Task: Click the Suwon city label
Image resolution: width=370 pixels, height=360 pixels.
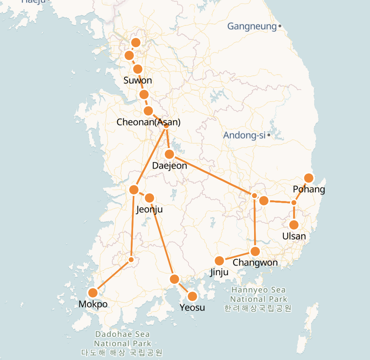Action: pos(137,81)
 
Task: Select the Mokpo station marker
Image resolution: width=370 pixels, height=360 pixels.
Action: pos(93,292)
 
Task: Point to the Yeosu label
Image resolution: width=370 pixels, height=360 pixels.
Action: pos(192,308)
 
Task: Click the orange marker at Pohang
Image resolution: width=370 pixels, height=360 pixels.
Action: pos(309,178)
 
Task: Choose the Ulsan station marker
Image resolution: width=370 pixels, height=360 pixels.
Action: pos(294,225)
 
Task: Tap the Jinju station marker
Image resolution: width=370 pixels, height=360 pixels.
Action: pos(219,260)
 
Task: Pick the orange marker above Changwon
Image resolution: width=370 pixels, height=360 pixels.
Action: pos(255,251)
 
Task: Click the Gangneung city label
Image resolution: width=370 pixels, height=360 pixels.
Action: pos(252,27)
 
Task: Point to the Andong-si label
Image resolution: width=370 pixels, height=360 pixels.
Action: pos(244,135)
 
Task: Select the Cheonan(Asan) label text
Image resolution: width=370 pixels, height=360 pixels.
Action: pos(149,122)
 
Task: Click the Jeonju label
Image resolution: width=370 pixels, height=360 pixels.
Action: pos(149,210)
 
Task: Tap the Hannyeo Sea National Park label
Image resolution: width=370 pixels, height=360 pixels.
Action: pos(258,299)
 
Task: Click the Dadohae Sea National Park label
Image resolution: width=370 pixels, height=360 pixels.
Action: pos(123,343)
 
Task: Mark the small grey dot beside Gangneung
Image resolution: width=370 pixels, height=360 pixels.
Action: pos(280,26)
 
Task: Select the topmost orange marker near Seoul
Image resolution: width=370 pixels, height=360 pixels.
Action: pos(136,42)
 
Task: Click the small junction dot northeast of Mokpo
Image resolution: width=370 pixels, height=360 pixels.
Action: pos(131,260)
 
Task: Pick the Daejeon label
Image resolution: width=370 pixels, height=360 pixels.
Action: pos(169,166)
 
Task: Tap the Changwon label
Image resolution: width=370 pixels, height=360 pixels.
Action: pos(255,262)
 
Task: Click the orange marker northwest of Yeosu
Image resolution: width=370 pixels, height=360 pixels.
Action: pos(174,279)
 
